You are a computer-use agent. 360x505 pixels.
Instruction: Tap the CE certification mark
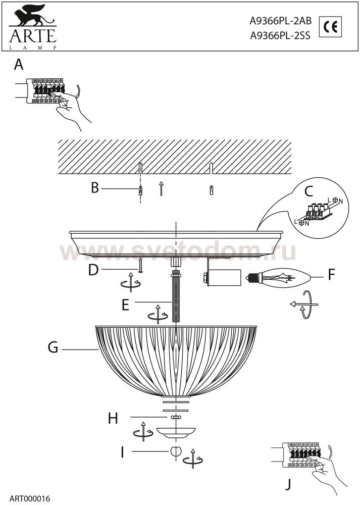(x=332, y=27)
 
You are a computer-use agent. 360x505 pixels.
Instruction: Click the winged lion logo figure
(x=30, y=19)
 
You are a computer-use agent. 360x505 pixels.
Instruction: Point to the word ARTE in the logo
(x=31, y=37)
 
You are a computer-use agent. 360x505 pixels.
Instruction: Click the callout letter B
(x=94, y=188)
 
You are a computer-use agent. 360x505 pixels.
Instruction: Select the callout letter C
(x=309, y=191)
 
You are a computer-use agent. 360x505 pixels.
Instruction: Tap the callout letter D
(x=93, y=270)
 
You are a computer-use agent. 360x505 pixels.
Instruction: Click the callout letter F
(x=331, y=275)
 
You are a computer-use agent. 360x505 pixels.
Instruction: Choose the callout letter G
(x=53, y=348)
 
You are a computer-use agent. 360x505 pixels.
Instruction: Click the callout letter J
(x=288, y=484)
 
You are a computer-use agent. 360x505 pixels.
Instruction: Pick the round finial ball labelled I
(x=175, y=451)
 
